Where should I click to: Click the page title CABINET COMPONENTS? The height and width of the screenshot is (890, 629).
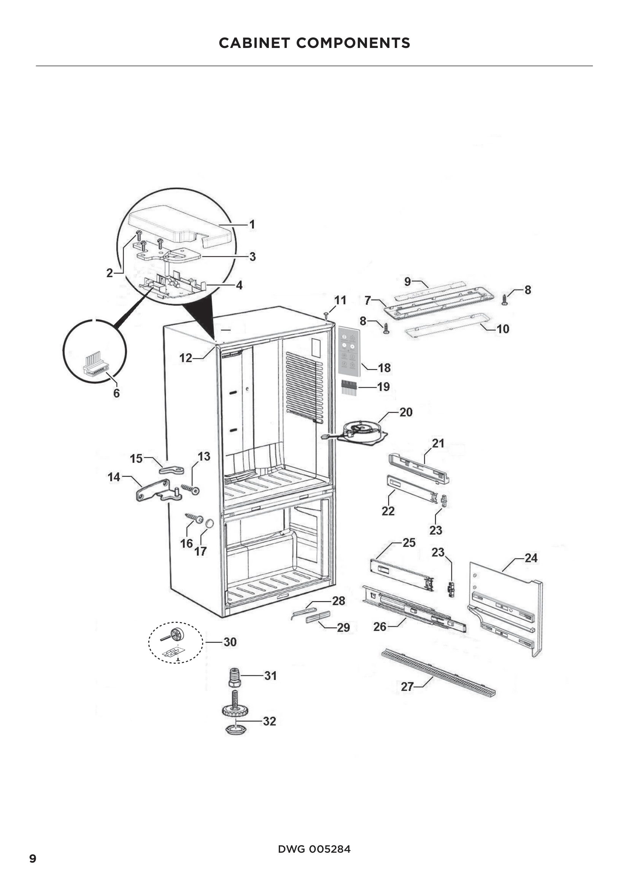(314, 43)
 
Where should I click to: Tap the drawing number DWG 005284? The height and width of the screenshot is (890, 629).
(314, 849)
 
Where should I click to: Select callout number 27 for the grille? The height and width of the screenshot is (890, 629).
(407, 687)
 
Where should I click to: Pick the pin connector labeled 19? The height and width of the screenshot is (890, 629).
(349, 387)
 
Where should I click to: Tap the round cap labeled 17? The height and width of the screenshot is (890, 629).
(209, 524)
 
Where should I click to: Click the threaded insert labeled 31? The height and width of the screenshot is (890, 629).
(235, 677)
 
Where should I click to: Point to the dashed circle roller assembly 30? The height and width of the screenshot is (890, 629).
(175, 642)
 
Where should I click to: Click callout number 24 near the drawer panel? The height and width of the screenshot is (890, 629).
(531, 558)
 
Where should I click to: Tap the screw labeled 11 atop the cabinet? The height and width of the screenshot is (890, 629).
(327, 314)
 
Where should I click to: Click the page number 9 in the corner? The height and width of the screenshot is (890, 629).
(33, 858)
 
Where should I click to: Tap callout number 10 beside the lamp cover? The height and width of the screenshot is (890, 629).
(503, 329)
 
